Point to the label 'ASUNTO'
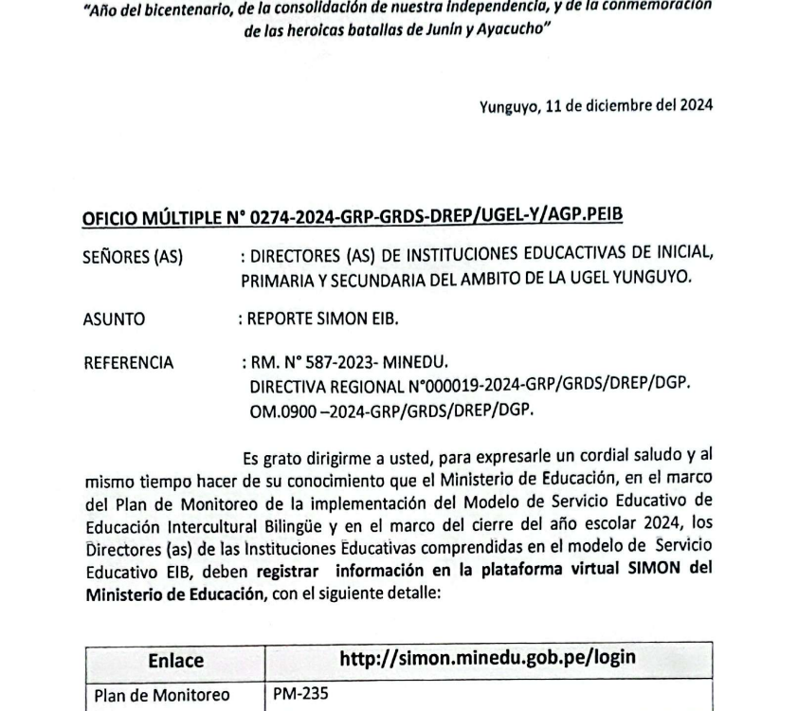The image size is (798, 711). (115, 319)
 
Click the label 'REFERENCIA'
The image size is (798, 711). (129, 362)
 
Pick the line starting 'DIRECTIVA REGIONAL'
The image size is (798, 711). (468, 387)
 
